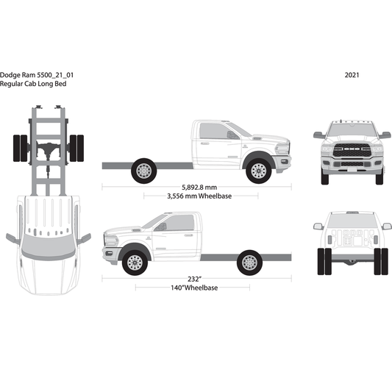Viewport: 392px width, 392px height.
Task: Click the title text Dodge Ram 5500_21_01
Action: pos(36,75)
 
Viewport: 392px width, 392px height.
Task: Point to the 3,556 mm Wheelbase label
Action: pos(195,196)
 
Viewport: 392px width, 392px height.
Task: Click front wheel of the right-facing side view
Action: pos(257,171)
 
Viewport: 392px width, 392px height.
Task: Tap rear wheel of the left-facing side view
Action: pos(249,262)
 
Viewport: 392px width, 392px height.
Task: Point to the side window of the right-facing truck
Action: pos(215,132)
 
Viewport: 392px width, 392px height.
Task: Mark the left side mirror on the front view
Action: pos(318,135)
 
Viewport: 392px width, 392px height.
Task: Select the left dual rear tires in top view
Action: pos(18,150)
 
